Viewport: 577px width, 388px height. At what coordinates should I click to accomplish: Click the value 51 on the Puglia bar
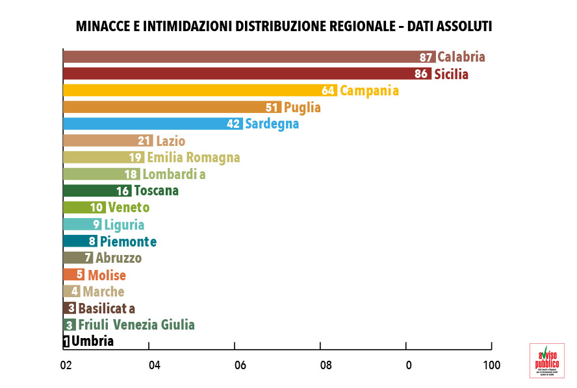[273, 108]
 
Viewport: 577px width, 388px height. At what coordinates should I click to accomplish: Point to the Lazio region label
[170, 141]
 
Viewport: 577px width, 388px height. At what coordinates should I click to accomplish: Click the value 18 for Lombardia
[131, 175]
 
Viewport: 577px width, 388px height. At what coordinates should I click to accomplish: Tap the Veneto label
[129, 208]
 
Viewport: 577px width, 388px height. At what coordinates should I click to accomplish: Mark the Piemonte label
[128, 241]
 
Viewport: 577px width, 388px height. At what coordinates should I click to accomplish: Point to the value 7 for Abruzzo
[88, 258]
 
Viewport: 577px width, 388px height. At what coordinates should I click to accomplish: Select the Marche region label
[103, 292]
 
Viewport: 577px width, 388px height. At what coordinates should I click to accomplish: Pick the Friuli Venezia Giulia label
[136, 325]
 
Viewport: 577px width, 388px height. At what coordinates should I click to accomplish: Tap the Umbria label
[93, 341]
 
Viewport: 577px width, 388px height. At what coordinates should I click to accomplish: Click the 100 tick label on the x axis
[491, 365]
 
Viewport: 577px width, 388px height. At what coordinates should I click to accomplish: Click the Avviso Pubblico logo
[546, 360]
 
